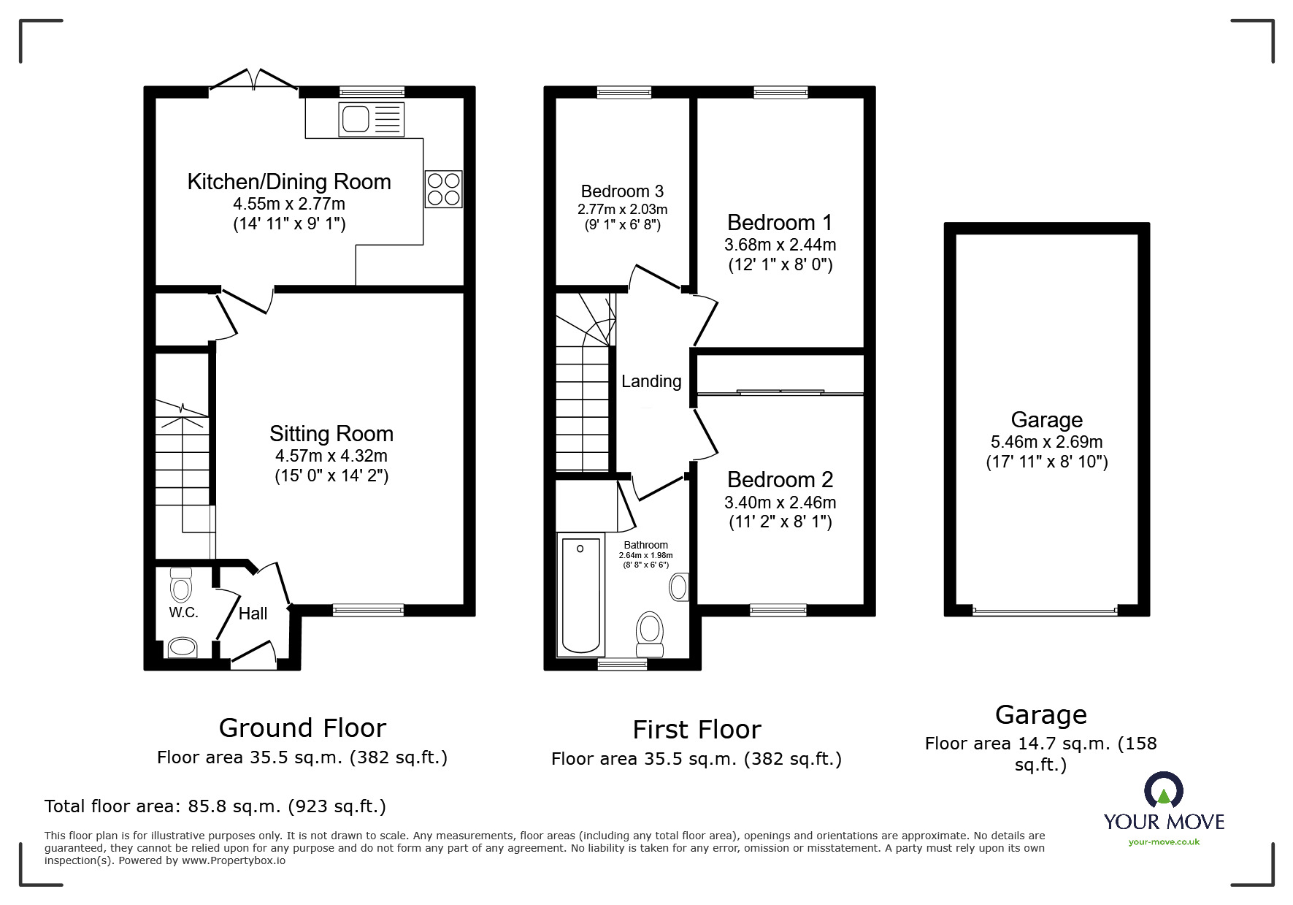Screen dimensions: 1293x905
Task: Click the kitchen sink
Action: point(371,119)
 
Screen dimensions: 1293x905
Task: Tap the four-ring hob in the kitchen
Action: point(444,188)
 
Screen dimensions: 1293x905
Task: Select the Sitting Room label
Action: point(331,434)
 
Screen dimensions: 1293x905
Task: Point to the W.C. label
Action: point(184,613)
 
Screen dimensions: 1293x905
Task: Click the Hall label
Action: point(253,614)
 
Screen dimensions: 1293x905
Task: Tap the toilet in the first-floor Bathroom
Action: point(649,634)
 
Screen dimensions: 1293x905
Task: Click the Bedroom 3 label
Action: point(622,191)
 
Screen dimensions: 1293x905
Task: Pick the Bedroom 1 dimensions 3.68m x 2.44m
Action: point(780,245)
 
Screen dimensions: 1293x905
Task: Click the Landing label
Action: point(651,381)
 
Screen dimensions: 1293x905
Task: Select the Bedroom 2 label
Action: point(780,480)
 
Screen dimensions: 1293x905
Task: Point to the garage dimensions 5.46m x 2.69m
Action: point(1047,442)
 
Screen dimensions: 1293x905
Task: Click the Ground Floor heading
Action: point(302,728)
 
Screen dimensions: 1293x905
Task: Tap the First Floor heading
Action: point(697,730)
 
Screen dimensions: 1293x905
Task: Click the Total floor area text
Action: point(215,806)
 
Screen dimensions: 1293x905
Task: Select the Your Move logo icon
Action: point(1163,790)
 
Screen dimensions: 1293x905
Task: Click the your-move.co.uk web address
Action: point(1164,842)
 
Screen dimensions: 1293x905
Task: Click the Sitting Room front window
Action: point(368,610)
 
